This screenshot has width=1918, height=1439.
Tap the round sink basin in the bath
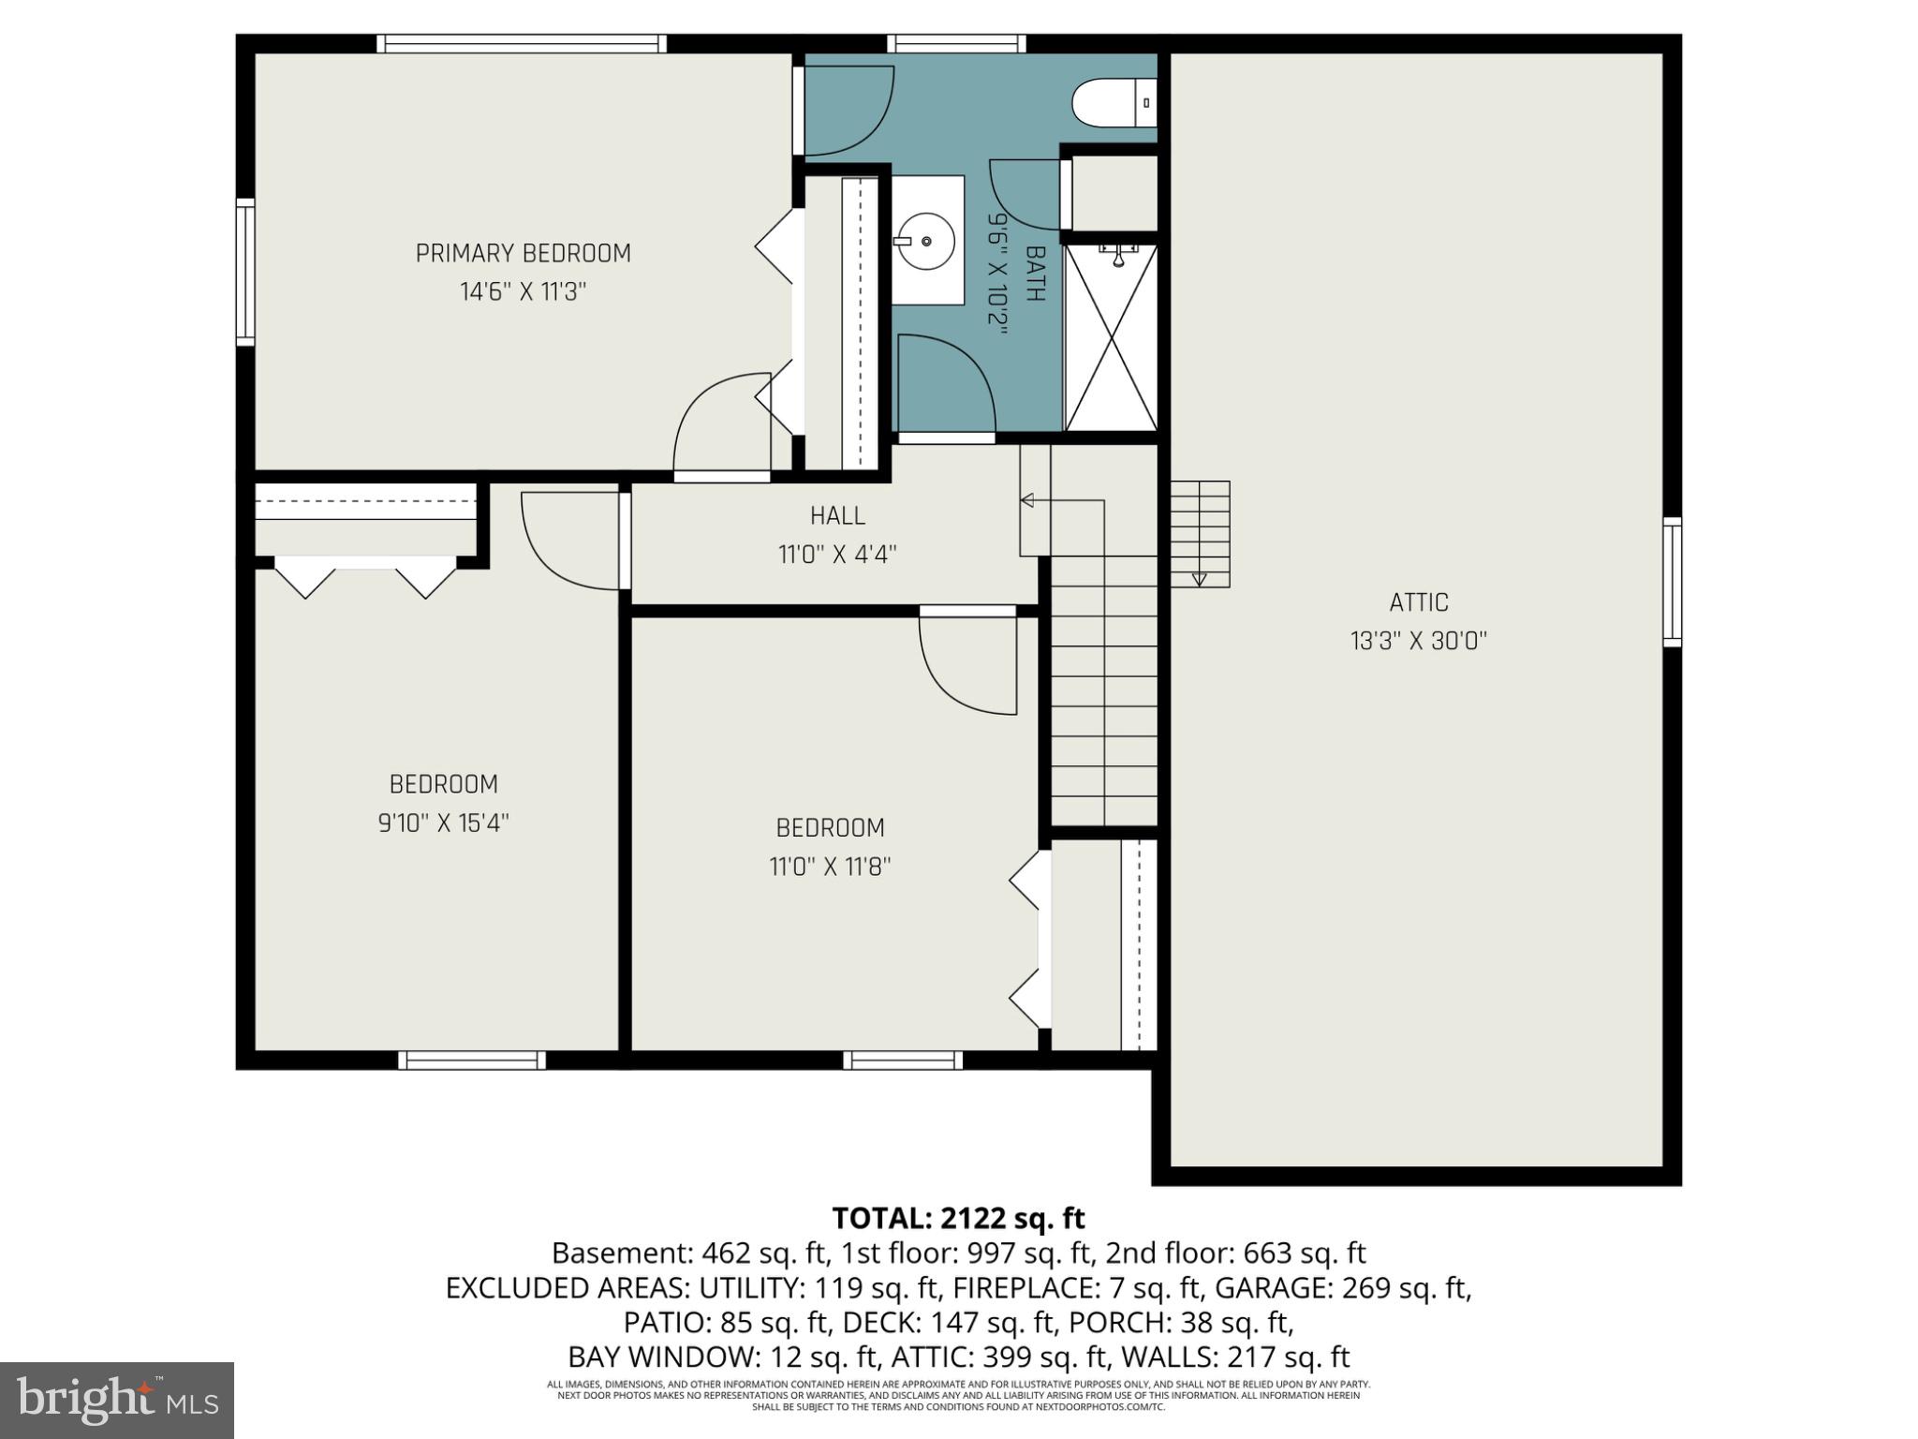(x=924, y=241)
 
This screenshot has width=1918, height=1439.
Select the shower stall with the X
(x=1111, y=338)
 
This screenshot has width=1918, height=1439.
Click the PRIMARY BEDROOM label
(x=523, y=253)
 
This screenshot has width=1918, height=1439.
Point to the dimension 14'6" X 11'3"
(x=523, y=292)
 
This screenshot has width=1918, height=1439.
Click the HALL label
(x=837, y=515)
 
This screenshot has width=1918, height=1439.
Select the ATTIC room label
(x=1419, y=602)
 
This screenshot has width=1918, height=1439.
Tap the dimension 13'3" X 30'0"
(x=1419, y=642)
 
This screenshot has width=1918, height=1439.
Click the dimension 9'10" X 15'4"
(x=443, y=823)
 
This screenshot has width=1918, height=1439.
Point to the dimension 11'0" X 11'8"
(x=830, y=867)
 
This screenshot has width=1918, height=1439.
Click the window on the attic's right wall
(x=1672, y=582)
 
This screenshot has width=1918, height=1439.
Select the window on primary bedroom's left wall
(x=245, y=272)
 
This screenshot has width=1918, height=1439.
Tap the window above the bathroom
(x=956, y=43)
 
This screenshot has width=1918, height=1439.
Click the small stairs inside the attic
(x=1200, y=533)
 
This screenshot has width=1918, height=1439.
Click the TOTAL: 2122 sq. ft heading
(x=958, y=1218)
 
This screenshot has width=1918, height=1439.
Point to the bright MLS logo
(x=117, y=1400)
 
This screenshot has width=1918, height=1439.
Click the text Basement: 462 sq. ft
(x=689, y=1254)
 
